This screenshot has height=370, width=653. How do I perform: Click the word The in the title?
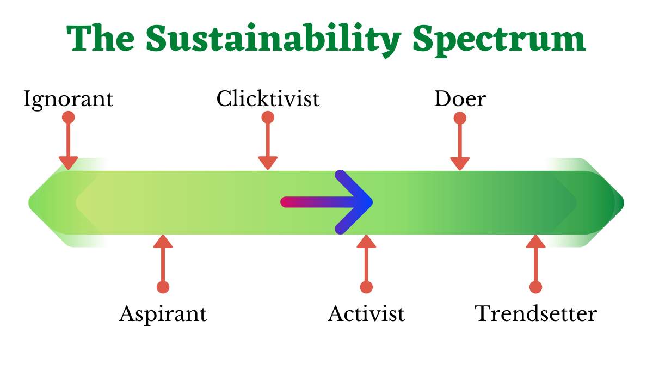tap(101, 38)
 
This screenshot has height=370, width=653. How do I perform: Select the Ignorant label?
tap(68, 100)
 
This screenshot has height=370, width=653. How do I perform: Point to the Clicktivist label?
tap(268, 98)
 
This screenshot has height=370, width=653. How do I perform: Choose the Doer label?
tap(460, 99)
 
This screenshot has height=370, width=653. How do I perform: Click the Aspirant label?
tap(163, 314)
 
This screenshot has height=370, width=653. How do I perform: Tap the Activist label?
tap(366, 314)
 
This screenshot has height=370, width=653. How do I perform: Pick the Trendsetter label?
tap(535, 314)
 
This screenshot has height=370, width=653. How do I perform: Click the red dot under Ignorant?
tap(69, 118)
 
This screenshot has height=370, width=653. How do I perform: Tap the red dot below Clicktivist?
tap(268, 118)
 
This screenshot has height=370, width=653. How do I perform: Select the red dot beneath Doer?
tap(460, 119)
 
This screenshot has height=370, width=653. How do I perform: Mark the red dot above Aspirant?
tap(163, 287)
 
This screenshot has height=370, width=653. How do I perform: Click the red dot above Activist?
tap(366, 287)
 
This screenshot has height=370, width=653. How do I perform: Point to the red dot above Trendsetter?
tap(536, 287)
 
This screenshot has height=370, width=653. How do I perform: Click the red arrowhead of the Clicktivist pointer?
tap(268, 162)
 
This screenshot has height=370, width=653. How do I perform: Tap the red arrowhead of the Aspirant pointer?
tap(163, 242)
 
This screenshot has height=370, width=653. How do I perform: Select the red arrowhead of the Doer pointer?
tap(460, 163)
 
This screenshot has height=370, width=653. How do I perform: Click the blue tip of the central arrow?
tap(372, 202)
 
